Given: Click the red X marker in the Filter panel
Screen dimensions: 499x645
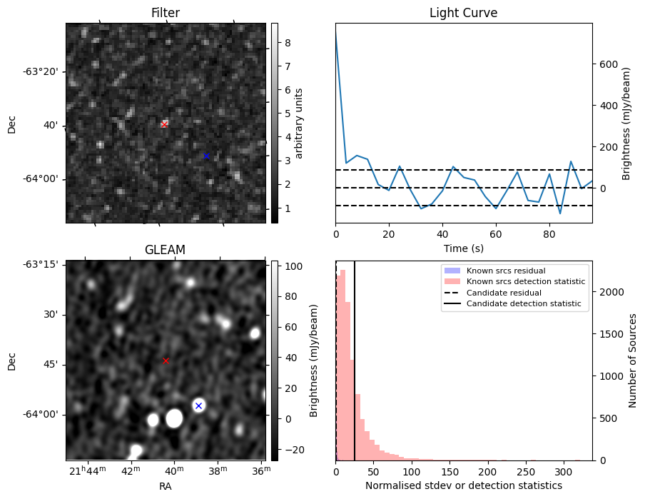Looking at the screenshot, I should click(164, 124).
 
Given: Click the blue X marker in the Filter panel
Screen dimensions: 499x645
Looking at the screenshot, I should click(206, 156).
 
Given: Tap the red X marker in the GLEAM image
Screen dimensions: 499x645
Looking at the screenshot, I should click(166, 361).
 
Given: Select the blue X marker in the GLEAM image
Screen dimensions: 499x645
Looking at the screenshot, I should click(198, 405).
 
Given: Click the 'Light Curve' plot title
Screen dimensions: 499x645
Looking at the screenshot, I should click(463, 13).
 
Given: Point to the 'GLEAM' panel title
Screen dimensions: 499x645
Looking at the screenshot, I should click(165, 250).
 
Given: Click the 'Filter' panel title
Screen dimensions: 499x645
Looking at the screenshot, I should click(165, 13).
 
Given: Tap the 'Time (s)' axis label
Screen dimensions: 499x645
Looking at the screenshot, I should click(463, 248).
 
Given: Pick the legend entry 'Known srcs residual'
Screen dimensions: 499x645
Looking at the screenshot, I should click(506, 271).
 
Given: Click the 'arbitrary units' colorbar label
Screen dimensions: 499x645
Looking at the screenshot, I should click(299, 123).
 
